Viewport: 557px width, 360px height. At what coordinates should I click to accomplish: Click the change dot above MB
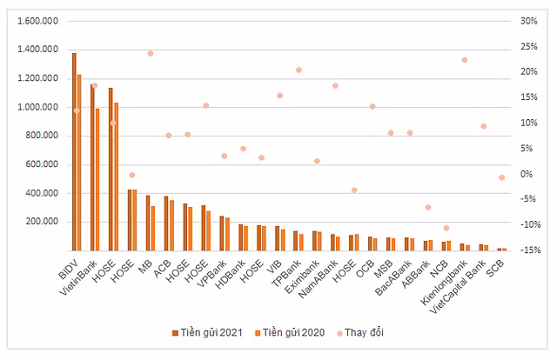click(x=150, y=53)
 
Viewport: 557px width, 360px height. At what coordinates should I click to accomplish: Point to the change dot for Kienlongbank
click(x=465, y=60)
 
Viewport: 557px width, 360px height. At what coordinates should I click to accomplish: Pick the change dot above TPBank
click(x=299, y=70)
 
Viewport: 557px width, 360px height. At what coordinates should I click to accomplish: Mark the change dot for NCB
click(x=446, y=228)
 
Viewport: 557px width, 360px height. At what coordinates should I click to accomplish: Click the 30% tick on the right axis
click(x=528, y=22)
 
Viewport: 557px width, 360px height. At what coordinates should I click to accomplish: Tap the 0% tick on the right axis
click(x=526, y=174)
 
